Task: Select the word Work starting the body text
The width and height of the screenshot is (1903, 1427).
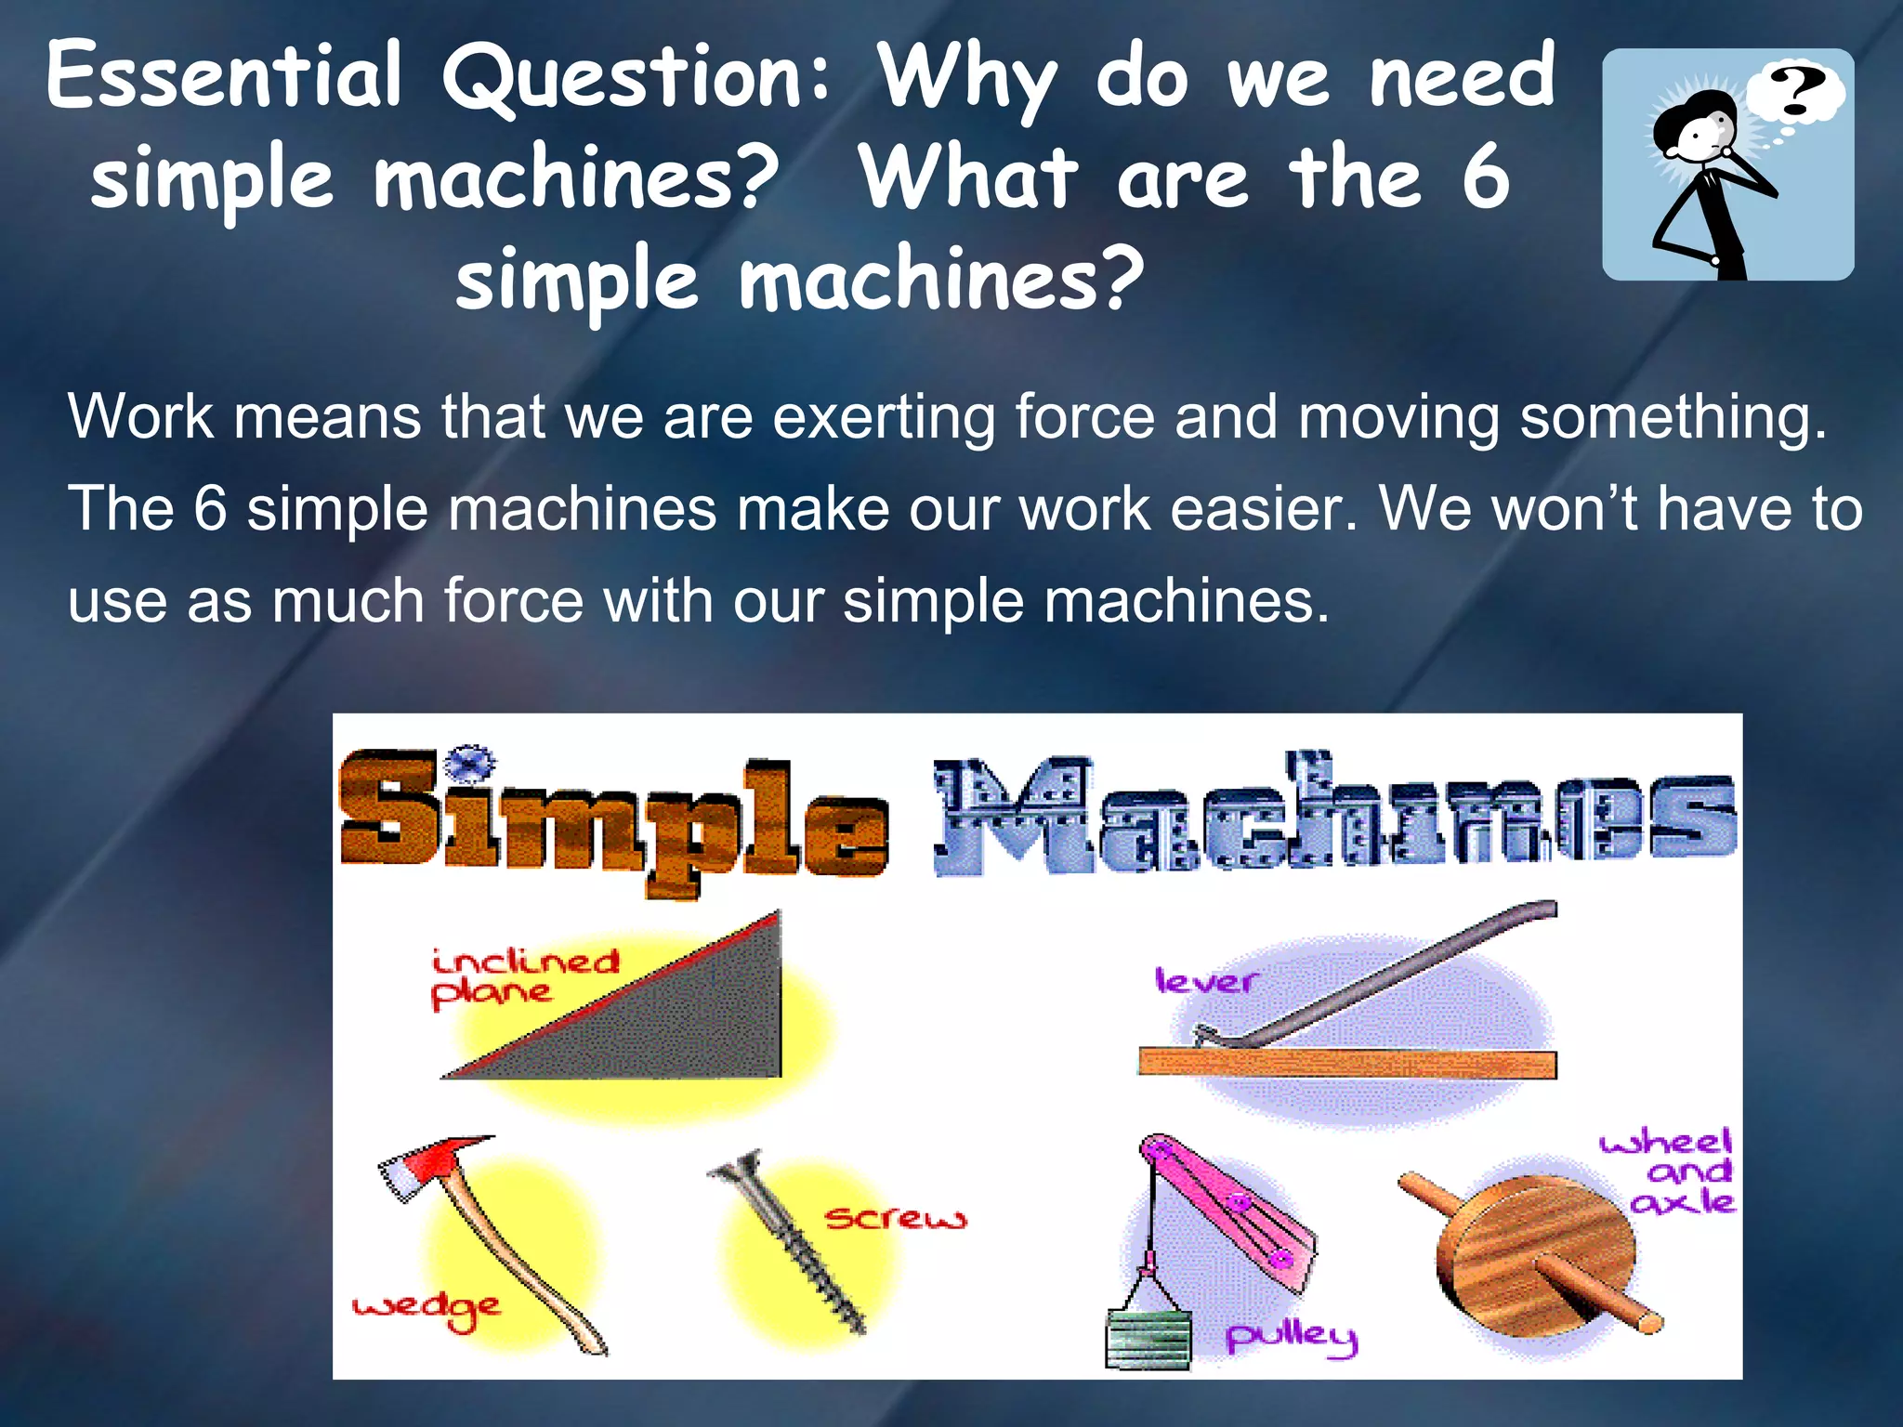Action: (x=140, y=416)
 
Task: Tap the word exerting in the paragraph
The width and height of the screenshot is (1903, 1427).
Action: (x=884, y=416)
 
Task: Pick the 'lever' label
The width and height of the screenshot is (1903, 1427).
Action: (x=1205, y=981)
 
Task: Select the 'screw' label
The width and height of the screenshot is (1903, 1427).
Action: (x=896, y=1217)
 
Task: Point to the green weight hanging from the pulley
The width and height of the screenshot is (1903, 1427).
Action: (x=1148, y=1339)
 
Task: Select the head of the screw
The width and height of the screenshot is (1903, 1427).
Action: (x=739, y=1170)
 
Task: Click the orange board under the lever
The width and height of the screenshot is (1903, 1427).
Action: (x=1347, y=1065)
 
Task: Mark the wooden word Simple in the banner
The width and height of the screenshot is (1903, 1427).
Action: (x=613, y=818)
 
